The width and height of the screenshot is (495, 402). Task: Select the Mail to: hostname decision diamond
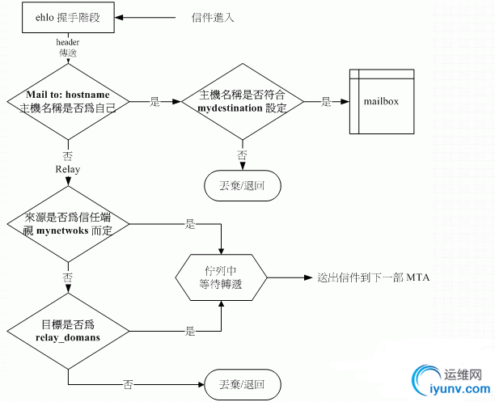point(68,104)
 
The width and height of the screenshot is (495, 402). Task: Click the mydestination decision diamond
point(242,103)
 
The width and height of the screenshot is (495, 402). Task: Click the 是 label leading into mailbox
point(327,103)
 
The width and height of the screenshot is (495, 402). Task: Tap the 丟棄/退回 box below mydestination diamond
point(242,184)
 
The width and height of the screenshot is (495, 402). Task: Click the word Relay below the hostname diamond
point(68,169)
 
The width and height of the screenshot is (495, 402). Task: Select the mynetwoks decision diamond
point(68,224)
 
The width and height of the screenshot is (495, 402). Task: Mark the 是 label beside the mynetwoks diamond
point(191,223)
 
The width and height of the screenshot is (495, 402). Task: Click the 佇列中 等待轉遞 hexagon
point(220,277)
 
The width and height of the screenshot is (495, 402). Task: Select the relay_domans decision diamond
point(68,331)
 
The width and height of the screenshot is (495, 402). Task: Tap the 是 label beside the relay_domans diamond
point(191,331)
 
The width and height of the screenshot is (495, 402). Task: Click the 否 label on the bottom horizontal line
point(128,383)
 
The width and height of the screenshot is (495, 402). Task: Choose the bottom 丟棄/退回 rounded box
point(243,382)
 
